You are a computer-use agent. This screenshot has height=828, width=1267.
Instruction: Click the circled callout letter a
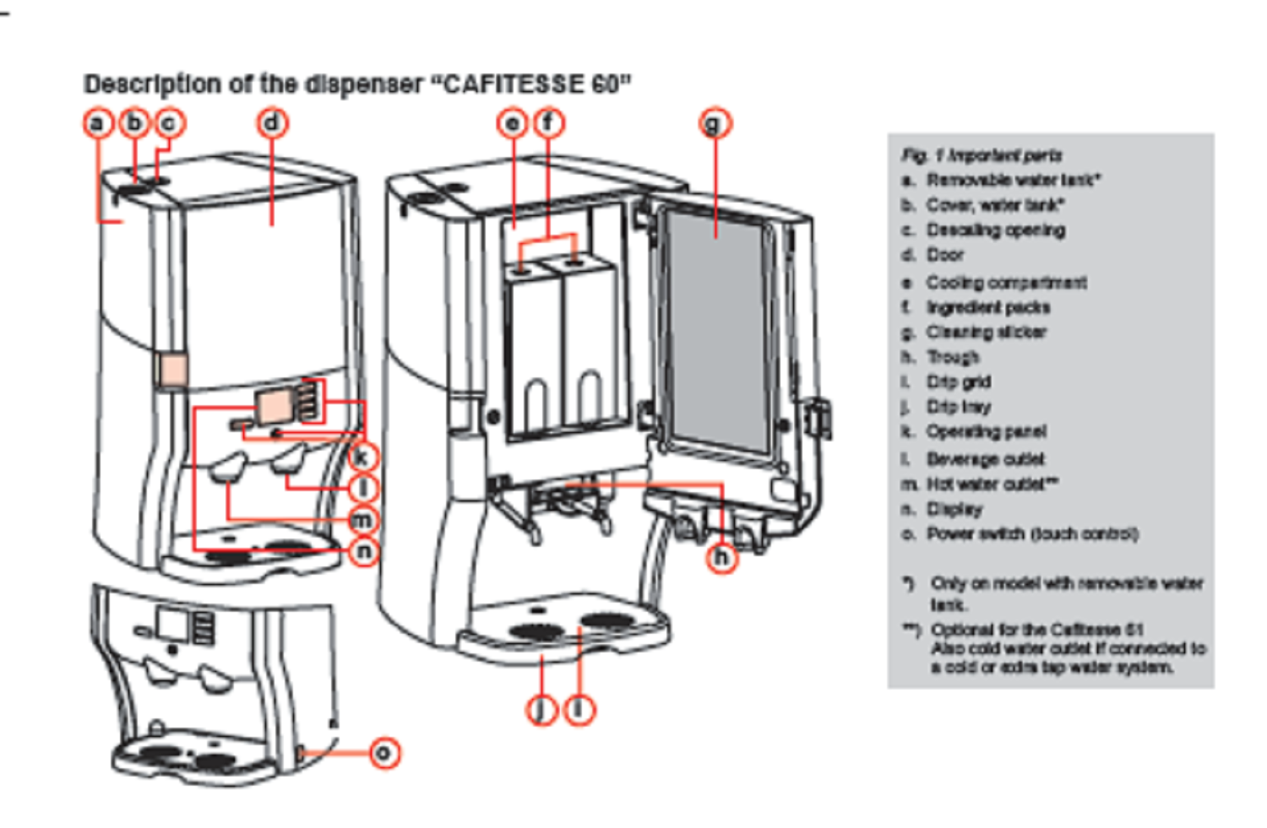click(x=98, y=123)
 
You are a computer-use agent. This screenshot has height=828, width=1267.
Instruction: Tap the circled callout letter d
click(x=272, y=123)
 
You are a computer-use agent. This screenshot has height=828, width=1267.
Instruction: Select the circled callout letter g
click(x=715, y=124)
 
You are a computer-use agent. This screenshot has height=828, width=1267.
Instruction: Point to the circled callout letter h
click(x=721, y=557)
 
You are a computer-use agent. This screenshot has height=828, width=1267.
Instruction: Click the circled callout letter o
click(x=384, y=752)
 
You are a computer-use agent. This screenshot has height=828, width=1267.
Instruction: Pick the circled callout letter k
click(x=362, y=457)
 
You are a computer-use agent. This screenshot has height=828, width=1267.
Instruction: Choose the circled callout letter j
click(x=541, y=710)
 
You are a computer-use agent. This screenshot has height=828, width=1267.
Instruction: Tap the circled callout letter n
click(x=364, y=551)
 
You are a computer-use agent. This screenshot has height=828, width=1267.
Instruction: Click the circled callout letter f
click(x=548, y=123)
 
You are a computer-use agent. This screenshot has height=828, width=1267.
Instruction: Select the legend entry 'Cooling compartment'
click(x=1005, y=282)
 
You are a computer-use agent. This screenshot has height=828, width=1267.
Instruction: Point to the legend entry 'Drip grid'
click(x=958, y=382)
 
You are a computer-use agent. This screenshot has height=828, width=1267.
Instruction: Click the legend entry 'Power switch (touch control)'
click(x=1031, y=533)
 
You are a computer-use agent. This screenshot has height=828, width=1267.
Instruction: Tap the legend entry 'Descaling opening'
click(x=994, y=230)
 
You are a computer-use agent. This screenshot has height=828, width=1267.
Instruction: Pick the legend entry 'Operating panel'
click(x=986, y=431)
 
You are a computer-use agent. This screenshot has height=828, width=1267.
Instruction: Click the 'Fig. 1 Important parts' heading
click(x=982, y=155)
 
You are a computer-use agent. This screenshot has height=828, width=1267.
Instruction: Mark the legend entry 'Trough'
click(x=952, y=357)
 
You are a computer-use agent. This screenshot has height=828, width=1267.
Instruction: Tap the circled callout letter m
click(x=362, y=520)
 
